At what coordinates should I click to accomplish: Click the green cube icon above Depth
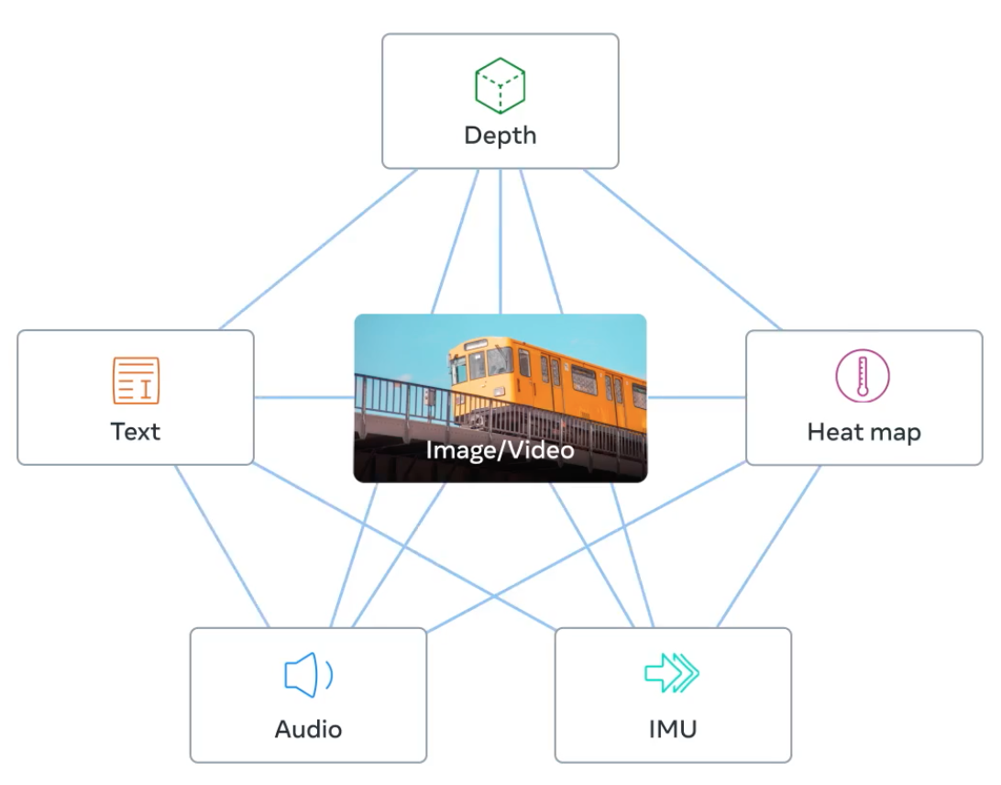(500, 85)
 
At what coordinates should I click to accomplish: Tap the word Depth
(500, 136)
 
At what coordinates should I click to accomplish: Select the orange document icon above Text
(136, 381)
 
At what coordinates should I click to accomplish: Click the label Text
(136, 432)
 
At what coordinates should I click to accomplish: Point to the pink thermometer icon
(863, 376)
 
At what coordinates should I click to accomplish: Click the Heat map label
(863, 433)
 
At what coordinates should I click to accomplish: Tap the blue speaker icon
(308, 675)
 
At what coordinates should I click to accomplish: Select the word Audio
(308, 729)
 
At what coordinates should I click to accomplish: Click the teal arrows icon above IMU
(672, 672)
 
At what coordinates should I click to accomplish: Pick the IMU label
(673, 729)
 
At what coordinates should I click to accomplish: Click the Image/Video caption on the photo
(500, 450)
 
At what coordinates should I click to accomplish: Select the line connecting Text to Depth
(318, 249)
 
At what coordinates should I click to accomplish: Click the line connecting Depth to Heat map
(682, 249)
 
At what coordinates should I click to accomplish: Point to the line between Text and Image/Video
(304, 397)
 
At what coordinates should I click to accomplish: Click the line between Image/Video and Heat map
(697, 397)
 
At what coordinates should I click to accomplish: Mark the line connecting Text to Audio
(222, 547)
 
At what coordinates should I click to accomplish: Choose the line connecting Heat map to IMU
(768, 547)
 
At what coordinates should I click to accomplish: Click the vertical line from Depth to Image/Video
(500, 241)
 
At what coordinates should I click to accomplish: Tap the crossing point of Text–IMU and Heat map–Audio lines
(494, 597)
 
